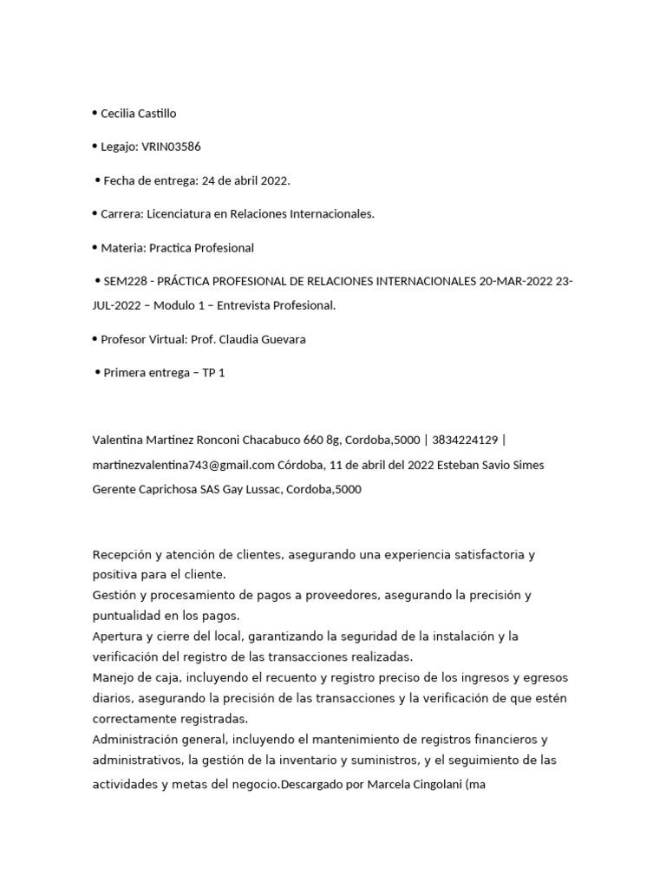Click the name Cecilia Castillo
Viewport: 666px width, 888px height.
tap(139, 114)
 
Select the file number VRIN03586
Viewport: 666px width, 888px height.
tap(171, 147)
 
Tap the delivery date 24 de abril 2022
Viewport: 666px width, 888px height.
tap(245, 180)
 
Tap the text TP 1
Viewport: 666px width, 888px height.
tap(213, 373)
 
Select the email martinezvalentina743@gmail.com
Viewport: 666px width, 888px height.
tap(183, 465)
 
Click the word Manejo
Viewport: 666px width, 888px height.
tap(113, 677)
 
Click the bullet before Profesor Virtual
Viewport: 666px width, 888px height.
tap(95, 339)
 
